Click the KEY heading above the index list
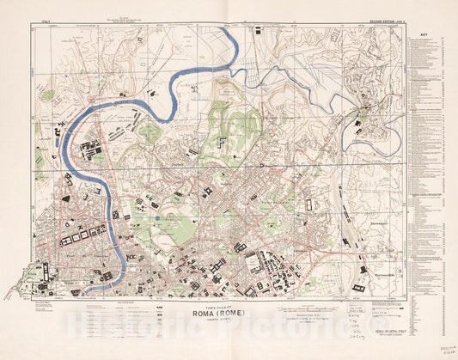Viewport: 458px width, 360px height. coord(424,35)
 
